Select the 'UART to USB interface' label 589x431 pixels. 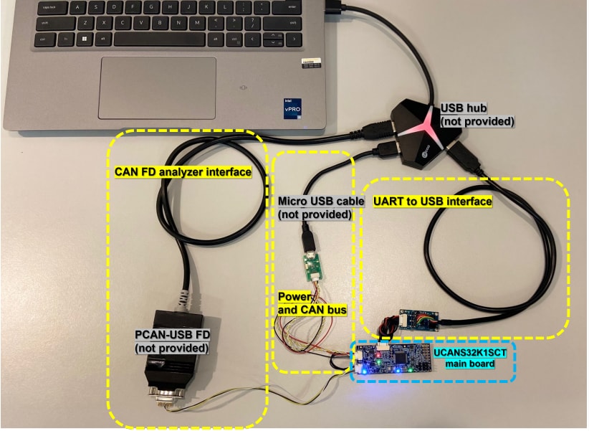pos(432,202)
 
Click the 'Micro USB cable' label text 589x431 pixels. pos(315,208)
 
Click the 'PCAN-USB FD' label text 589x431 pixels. pos(171,341)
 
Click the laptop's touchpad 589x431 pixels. pos(157,85)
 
